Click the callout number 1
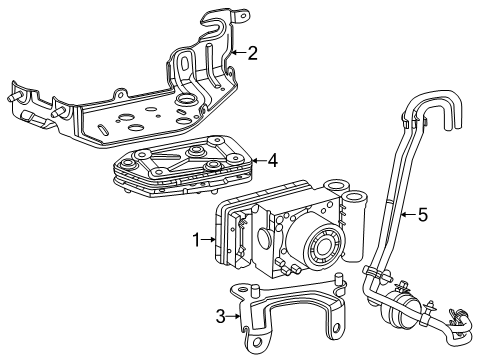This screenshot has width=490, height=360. pyautogui.click(x=197, y=240)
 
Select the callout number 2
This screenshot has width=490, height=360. pyautogui.click(x=253, y=53)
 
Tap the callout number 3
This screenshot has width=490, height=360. pyautogui.click(x=221, y=316)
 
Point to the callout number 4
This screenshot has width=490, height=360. pyautogui.click(x=273, y=161)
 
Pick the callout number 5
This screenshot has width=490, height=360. pyautogui.click(x=422, y=215)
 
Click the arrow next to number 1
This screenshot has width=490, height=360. pyautogui.click(x=209, y=239)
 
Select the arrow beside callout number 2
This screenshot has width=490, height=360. pyautogui.click(x=239, y=52)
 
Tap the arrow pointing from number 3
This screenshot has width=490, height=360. pyautogui.click(x=233, y=316)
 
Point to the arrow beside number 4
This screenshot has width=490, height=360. pyautogui.click(x=259, y=161)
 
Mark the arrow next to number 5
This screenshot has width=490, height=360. pyautogui.click(x=409, y=215)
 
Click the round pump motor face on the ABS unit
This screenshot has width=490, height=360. pyautogui.click(x=323, y=247)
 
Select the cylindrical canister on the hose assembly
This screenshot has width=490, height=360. pyautogui.click(x=397, y=308)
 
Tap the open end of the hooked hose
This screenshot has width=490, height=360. pyautogui.click(x=454, y=125)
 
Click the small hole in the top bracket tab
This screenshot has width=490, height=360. pyautogui.click(x=244, y=15)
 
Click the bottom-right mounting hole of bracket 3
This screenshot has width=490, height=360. pyautogui.click(x=337, y=328)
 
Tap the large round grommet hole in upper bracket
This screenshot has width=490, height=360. pyautogui.click(x=184, y=99)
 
